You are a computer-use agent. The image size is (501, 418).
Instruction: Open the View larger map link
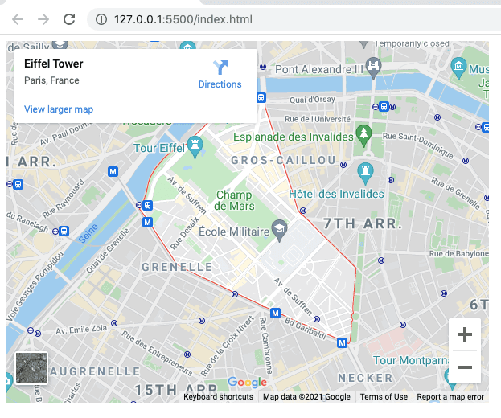tap(59, 109)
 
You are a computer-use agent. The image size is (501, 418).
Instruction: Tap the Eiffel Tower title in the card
tap(54, 64)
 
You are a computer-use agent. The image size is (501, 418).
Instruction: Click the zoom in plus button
tap(464, 335)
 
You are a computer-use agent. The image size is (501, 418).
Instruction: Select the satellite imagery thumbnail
tap(31, 368)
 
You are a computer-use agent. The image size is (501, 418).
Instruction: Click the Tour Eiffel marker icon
tap(195, 145)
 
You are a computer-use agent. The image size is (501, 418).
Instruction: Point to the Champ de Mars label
tap(235, 200)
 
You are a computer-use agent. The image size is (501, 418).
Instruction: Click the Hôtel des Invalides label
tap(337, 194)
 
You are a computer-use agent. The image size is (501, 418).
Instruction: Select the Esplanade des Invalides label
tap(294, 137)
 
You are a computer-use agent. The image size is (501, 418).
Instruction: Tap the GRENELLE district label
tap(177, 267)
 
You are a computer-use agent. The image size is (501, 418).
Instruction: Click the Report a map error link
tap(450, 396)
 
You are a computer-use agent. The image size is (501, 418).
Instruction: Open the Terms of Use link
tap(384, 396)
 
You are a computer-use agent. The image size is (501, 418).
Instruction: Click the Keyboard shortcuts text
tap(218, 396)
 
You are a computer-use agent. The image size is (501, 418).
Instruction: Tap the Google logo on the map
tap(247, 383)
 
